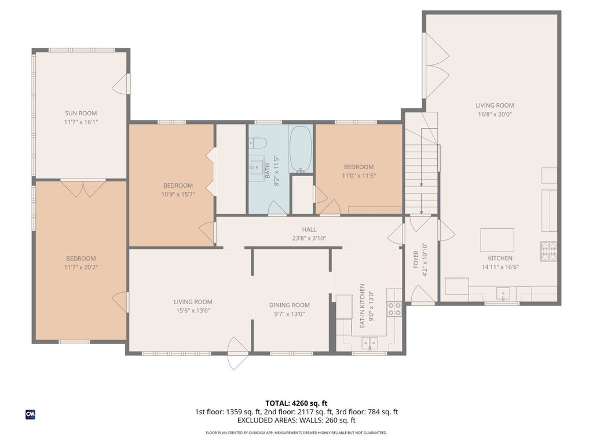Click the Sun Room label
click(81, 113)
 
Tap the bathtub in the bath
click(301, 149)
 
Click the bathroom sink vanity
click(257, 168)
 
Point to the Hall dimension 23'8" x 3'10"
click(309, 238)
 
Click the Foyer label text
click(416, 260)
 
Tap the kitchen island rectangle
click(497, 240)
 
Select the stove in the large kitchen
click(548, 251)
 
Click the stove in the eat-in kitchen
click(394, 309)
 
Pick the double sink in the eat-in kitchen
click(369, 343)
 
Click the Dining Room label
click(290, 305)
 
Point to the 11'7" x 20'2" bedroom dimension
click(81, 268)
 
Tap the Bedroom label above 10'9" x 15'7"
click(178, 185)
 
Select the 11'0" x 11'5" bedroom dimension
click(359, 176)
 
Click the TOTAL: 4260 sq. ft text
click(296, 403)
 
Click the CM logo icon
click(30, 414)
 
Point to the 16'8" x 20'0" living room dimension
click(495, 114)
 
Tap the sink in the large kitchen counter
click(503, 294)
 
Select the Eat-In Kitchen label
click(363, 306)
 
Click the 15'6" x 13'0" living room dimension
click(193, 311)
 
